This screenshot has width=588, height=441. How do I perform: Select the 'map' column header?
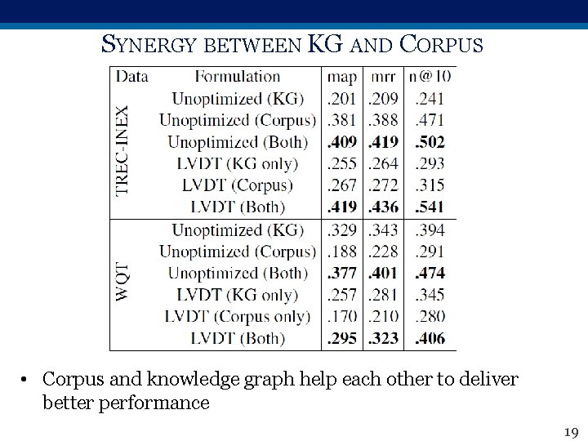coord(342,77)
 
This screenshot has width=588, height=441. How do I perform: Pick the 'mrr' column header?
coord(383,77)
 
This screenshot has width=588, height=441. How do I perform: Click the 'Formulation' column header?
coord(238,77)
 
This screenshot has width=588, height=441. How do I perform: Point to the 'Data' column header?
coord(131,77)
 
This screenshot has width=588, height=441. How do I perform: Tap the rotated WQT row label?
coord(123,282)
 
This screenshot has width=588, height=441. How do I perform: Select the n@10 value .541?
coord(430,207)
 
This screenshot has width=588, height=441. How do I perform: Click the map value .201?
coord(342,99)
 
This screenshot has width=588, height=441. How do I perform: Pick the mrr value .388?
coord(383,120)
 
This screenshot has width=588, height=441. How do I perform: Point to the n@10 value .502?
coord(430,142)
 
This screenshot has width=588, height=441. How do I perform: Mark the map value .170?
coord(342,316)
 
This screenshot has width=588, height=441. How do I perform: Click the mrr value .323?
coord(383,338)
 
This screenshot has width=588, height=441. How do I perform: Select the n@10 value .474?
coord(430,273)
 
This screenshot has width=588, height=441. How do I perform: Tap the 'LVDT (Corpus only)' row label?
coord(237,316)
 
